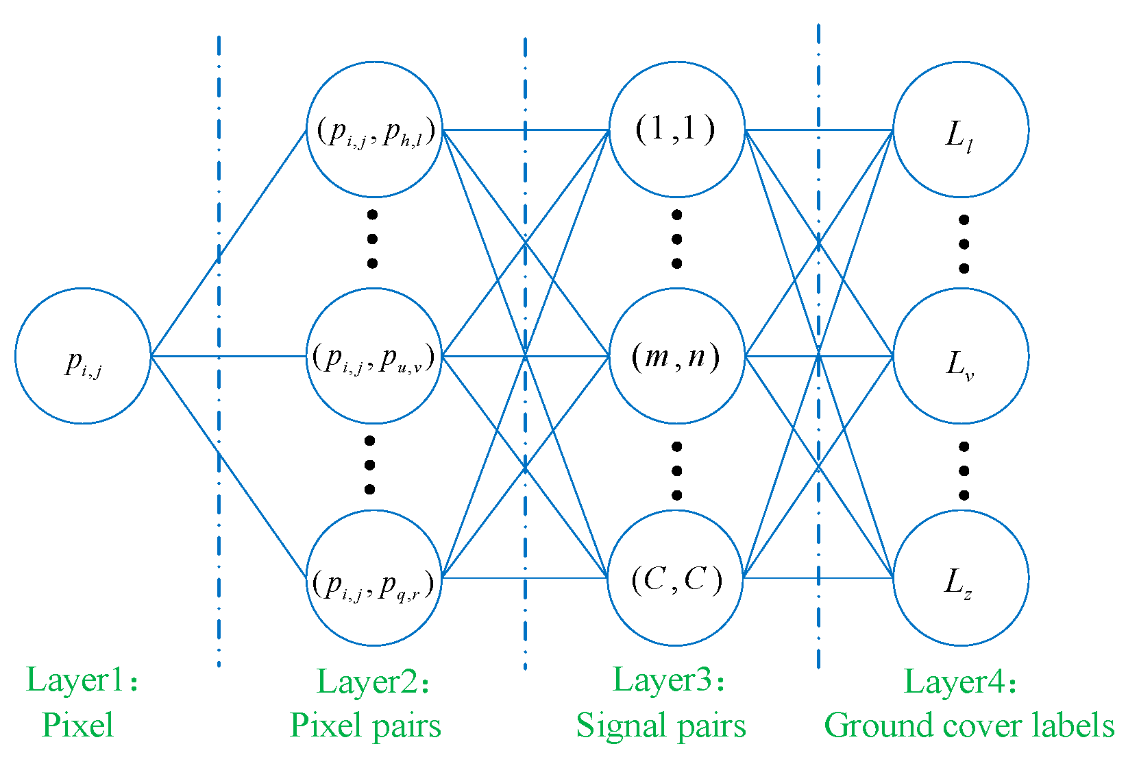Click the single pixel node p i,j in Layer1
point(83,356)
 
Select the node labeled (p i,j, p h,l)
point(374,130)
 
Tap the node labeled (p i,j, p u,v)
point(374,356)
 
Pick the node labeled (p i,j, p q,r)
point(374,578)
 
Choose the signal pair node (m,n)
point(676,356)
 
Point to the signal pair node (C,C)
point(676,578)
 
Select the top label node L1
point(960,130)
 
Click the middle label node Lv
point(960,356)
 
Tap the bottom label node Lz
point(960,578)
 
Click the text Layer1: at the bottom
point(82,680)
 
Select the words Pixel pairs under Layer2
point(365,726)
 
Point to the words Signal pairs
point(661,726)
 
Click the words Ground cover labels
point(969,726)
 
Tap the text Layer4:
point(960,682)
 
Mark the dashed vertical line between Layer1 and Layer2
point(219,411)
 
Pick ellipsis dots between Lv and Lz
point(964,470)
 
